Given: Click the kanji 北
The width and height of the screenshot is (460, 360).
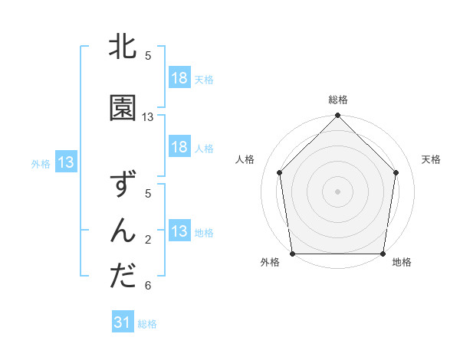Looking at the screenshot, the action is click(123, 47).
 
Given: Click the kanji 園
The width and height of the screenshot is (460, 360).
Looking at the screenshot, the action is click(123, 109).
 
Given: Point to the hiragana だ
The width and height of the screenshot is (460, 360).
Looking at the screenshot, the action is click(123, 276).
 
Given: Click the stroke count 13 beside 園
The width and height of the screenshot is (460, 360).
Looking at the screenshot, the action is click(148, 117).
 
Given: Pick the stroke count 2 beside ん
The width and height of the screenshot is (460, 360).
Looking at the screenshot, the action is click(148, 240).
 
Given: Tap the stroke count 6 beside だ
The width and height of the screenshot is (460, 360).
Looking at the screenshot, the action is click(148, 286).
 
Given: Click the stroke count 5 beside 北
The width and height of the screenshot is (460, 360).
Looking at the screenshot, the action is click(148, 56).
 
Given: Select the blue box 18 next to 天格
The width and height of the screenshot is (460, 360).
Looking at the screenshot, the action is click(179, 78).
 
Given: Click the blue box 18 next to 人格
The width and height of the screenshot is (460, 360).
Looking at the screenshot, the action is click(179, 148).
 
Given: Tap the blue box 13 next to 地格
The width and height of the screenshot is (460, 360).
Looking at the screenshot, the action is click(179, 232).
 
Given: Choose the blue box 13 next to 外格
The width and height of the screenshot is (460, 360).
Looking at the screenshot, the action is click(66, 162).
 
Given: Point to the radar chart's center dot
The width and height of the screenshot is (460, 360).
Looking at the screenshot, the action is click(337, 191).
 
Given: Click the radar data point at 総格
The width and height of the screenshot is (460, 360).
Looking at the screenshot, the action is click(337, 116).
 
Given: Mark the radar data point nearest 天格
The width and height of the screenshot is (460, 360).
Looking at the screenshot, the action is click(396, 172).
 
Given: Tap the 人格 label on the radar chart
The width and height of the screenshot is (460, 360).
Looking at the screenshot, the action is click(245, 159).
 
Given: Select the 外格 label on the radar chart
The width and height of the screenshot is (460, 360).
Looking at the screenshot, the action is click(270, 263).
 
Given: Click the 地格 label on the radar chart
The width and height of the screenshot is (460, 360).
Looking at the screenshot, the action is click(402, 263).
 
